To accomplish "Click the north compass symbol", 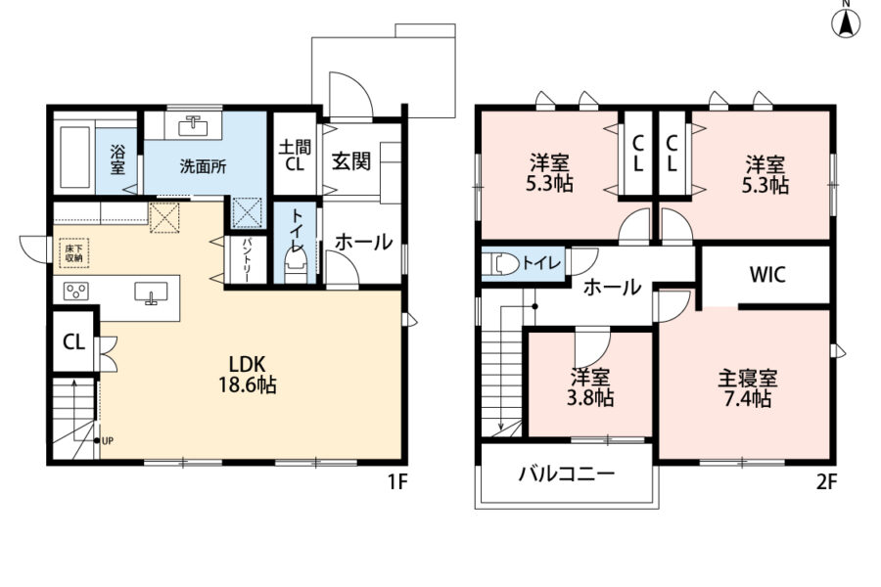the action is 846,21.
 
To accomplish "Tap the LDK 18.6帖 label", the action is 247,374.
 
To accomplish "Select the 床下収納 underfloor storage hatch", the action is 73,253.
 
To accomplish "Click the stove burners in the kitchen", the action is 75,292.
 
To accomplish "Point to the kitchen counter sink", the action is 151,293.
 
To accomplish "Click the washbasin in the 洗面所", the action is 193,125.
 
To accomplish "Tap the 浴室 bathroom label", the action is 118,159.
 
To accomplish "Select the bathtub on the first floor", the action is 74,157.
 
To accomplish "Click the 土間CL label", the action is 295,156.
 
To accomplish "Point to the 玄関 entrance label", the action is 351,161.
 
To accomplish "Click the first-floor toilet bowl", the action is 296,264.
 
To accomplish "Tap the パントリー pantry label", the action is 247,260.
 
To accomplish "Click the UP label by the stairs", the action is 108,441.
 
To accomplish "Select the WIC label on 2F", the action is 767,275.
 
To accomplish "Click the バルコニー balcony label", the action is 567,474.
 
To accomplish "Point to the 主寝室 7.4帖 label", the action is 747,388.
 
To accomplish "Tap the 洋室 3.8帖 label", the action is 589,387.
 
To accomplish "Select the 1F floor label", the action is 397,482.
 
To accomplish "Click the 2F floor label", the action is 826,482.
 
